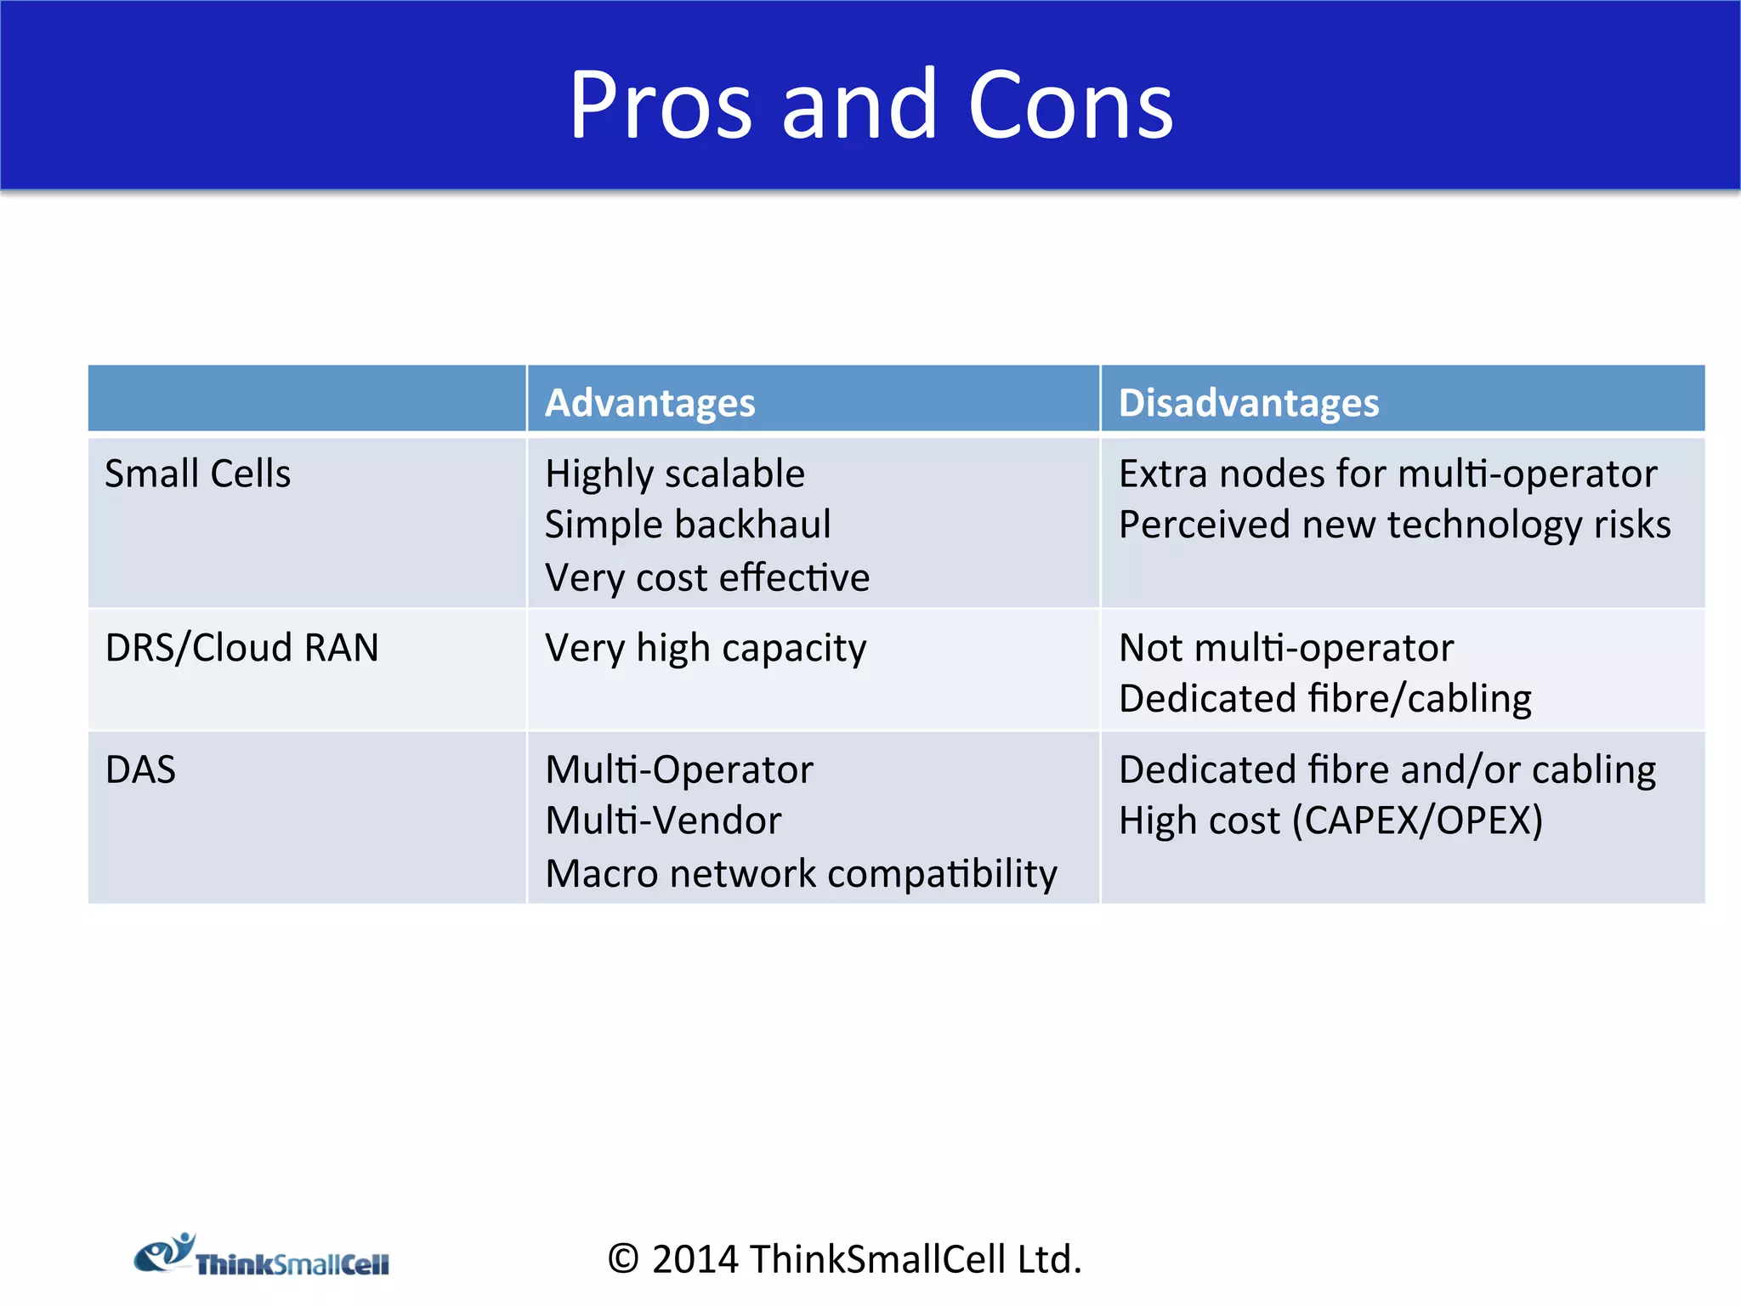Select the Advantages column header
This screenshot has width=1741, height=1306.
tap(649, 402)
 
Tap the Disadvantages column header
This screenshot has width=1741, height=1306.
tap(1248, 402)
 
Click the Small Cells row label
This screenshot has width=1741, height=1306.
tap(197, 474)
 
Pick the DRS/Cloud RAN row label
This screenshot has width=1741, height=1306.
tap(241, 648)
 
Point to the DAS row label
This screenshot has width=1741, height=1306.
tap(140, 769)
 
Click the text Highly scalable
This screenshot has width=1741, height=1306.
tap(674, 474)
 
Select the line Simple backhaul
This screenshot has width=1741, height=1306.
tap(687, 525)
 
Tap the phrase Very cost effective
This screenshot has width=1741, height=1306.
tap(707, 578)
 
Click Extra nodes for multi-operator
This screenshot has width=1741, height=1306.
tap(1387, 474)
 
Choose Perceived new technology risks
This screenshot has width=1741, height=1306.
tap(1394, 525)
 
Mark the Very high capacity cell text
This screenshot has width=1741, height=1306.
tap(706, 648)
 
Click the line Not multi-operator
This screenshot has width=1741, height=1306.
tap(1285, 648)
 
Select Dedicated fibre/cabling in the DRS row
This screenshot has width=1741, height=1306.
tap(1324, 699)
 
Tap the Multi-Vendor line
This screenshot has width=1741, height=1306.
tap(663, 821)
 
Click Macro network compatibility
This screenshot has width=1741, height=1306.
tap(801, 874)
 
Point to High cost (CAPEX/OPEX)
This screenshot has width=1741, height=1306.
tap(1330, 821)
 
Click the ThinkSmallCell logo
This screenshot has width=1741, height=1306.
tap(262, 1257)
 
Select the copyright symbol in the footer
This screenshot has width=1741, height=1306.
tap(623, 1259)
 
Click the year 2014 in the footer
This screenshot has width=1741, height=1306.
tap(695, 1259)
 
